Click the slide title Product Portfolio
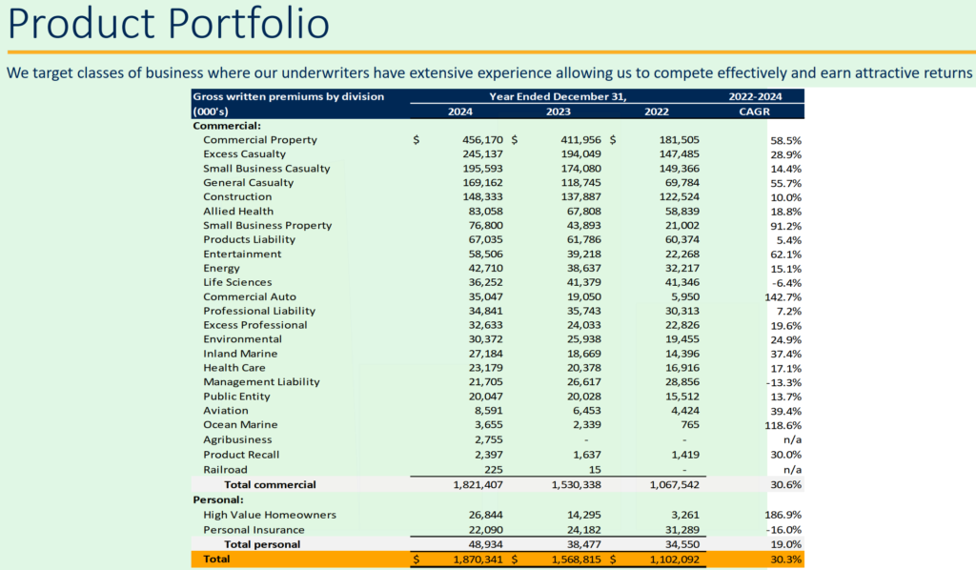(169, 24)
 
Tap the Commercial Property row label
(259, 140)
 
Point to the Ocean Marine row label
(240, 425)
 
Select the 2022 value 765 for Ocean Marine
(683, 425)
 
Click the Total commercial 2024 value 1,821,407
(470, 484)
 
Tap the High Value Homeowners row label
(270, 515)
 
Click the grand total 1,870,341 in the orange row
(470, 560)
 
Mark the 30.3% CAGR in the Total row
(785, 560)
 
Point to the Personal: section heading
(218, 499)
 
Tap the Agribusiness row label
(237, 439)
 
